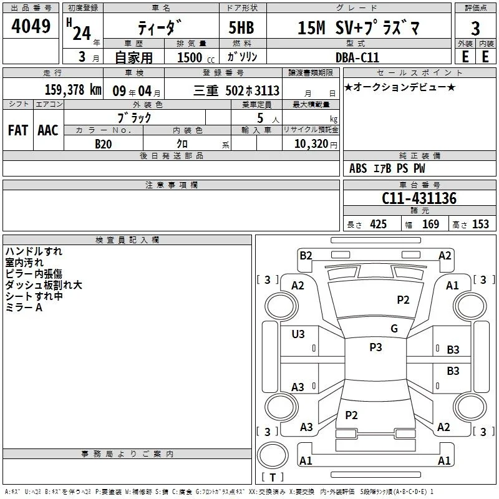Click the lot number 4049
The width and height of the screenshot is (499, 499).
(x=31, y=26)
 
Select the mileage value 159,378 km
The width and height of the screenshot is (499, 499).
(x=73, y=90)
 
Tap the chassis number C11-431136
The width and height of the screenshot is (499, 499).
(x=419, y=198)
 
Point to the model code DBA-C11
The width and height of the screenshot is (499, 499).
(x=357, y=57)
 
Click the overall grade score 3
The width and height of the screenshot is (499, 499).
(x=475, y=29)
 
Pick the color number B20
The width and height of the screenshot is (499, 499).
(x=104, y=144)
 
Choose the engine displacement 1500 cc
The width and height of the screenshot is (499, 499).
(x=196, y=57)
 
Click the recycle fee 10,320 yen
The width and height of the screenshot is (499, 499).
(x=316, y=144)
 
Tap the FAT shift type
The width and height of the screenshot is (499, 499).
(x=18, y=130)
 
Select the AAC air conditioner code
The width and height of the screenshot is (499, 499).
(x=48, y=130)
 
